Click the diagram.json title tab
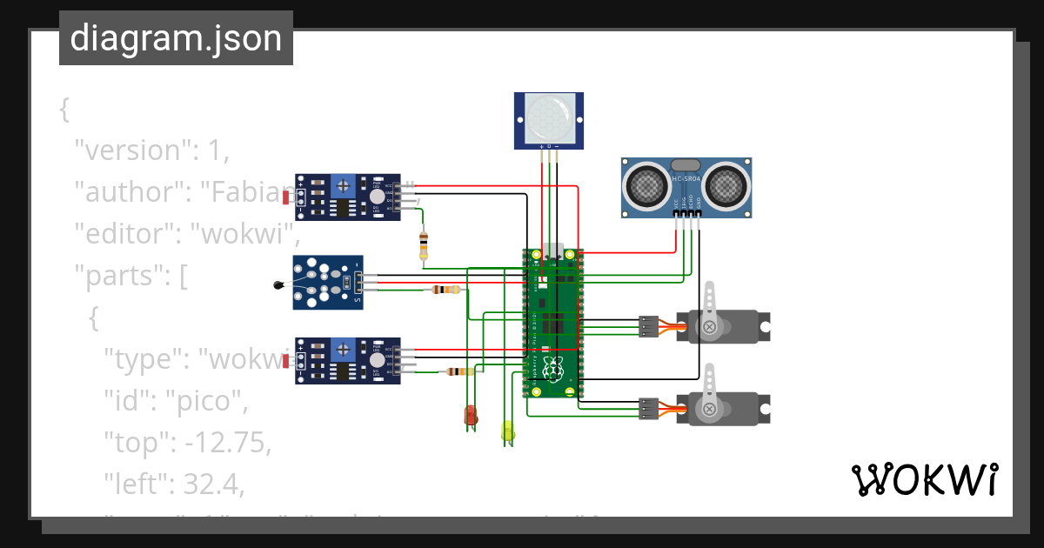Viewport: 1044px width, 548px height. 176,38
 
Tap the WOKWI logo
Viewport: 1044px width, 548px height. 924,479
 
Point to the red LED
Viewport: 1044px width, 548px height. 471,415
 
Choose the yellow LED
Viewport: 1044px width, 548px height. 508,430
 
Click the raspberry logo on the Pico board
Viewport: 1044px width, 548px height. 552,370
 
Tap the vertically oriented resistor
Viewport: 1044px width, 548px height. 424,245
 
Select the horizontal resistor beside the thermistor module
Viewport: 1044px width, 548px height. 446,290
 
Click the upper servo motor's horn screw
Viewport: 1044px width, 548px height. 710,326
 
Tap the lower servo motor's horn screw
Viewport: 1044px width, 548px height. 710,408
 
